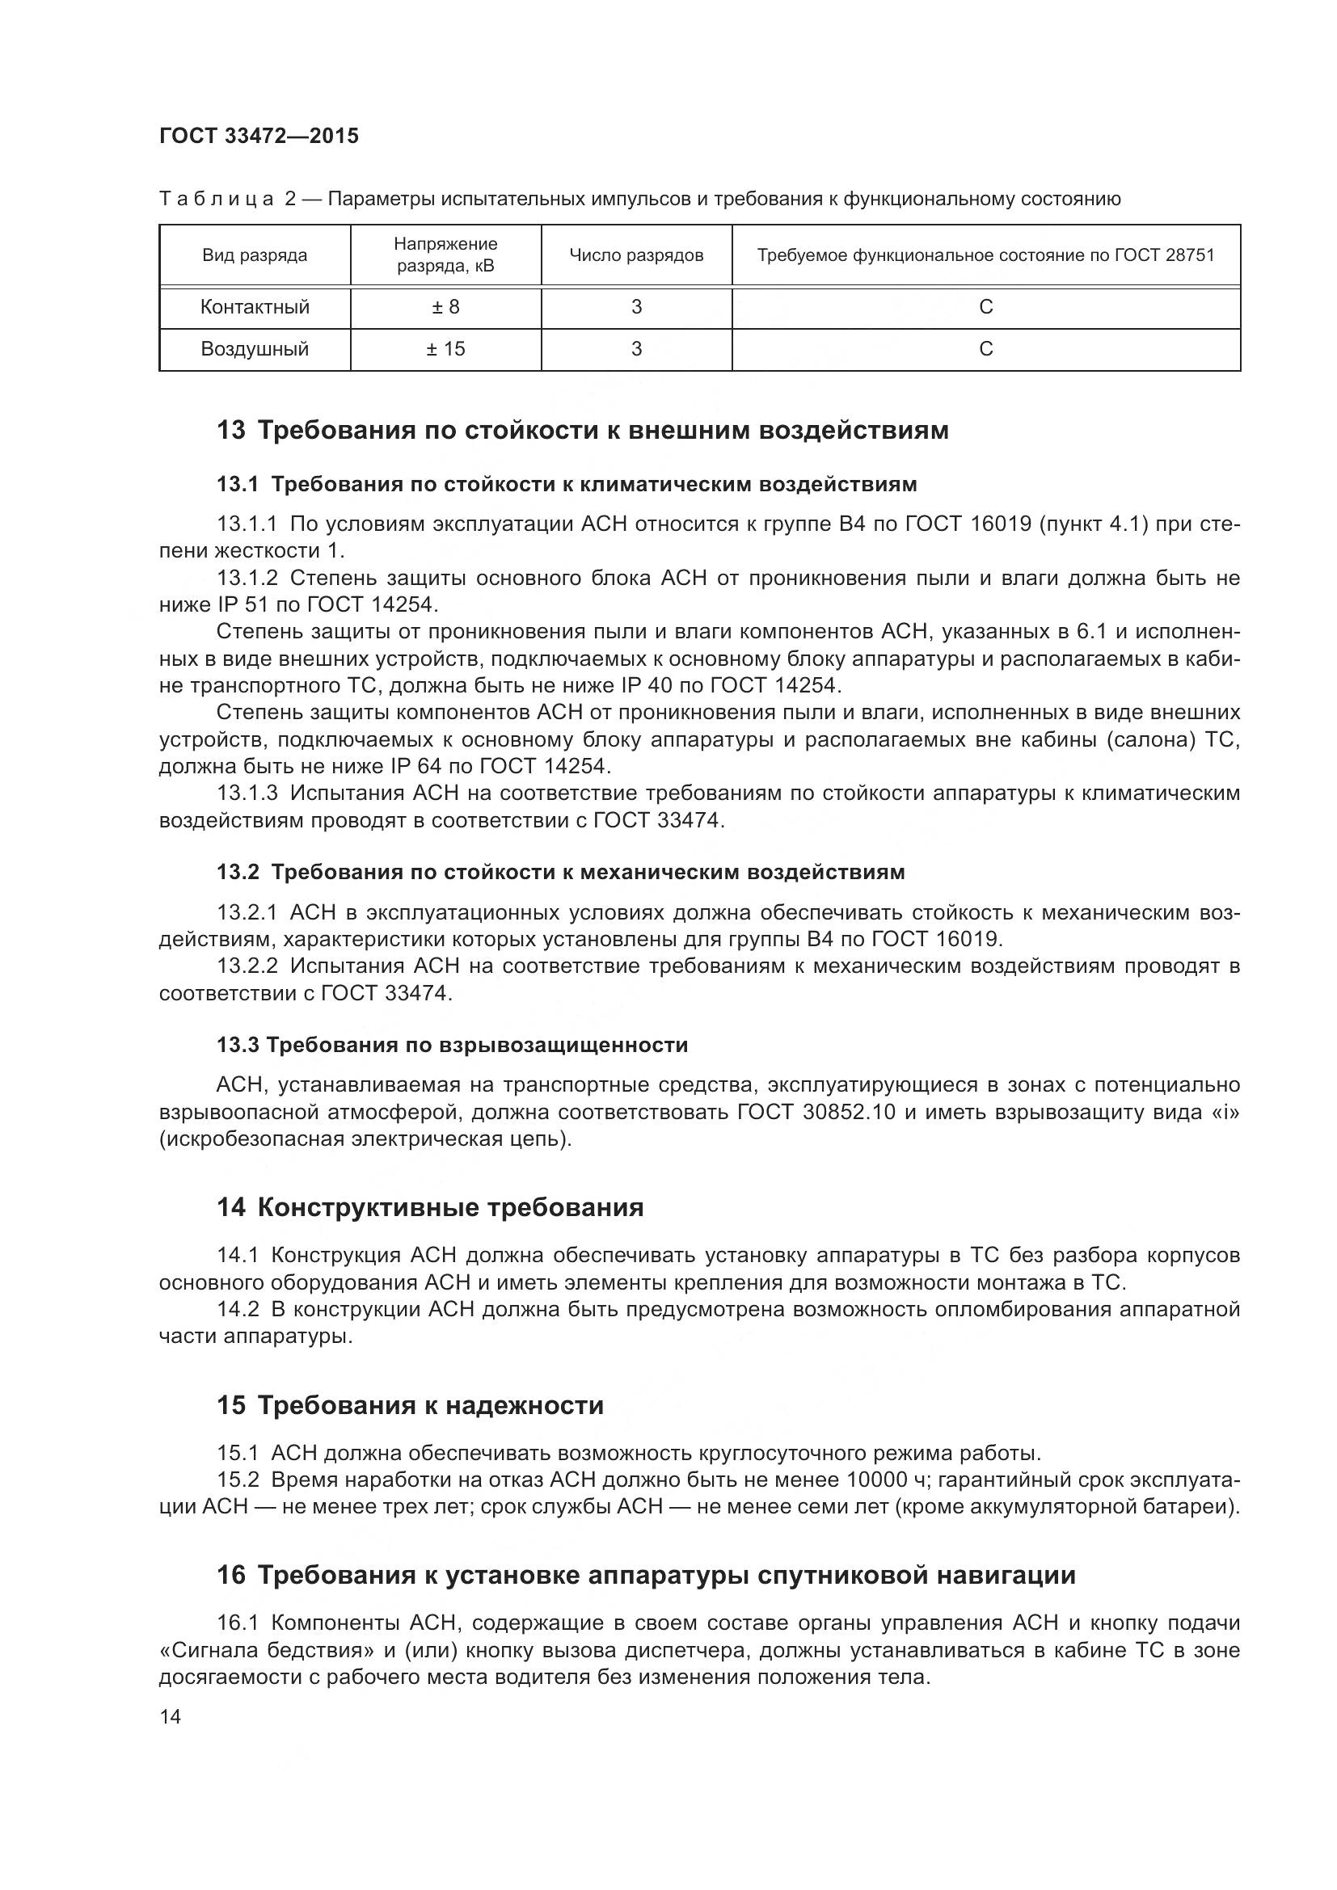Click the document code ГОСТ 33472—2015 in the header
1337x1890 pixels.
tap(259, 137)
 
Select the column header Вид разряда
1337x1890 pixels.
tap(255, 255)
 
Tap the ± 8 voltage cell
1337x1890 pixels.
tap(445, 307)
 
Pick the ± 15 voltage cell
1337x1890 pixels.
tap(445, 349)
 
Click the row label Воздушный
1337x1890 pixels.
tap(255, 349)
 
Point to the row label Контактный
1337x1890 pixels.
tap(255, 307)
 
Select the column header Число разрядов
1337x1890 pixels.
tap(636, 255)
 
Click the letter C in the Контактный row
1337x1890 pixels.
tap(985, 307)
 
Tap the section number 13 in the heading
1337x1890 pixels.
tap(231, 430)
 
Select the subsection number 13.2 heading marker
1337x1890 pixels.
tap(238, 873)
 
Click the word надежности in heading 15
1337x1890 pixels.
tap(525, 1405)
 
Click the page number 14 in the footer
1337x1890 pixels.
tap(171, 1717)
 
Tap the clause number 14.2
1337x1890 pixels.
tap(238, 1310)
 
